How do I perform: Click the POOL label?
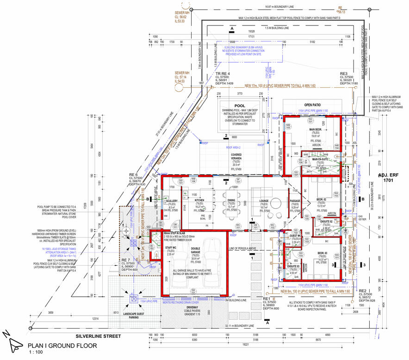pos(240,105)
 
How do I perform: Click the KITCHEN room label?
pos(199,200)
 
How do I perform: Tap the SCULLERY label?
pos(172,200)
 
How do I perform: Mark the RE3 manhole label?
pos(343,74)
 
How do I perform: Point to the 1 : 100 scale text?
pos(35,353)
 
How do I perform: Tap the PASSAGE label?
pos(295,201)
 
